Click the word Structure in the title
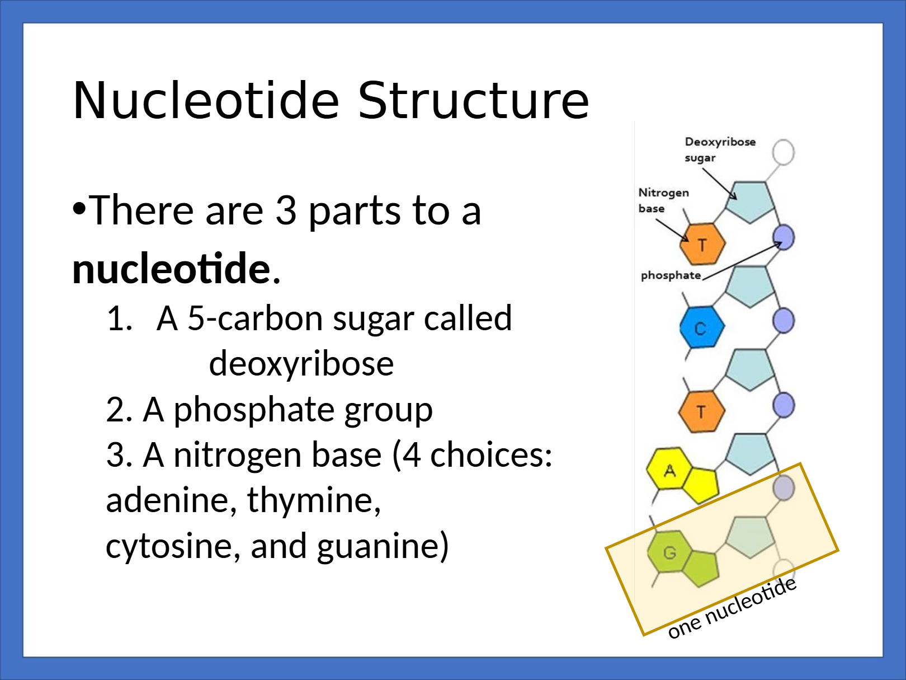click(x=474, y=100)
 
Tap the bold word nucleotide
click(x=171, y=269)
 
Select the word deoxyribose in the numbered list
click(x=301, y=364)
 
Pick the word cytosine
click(x=169, y=546)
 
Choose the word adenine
click(x=168, y=500)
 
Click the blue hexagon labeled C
click(x=702, y=327)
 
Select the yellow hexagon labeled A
click(x=669, y=468)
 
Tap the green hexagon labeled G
click(x=669, y=551)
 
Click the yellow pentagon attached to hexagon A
click(x=700, y=485)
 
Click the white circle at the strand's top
click(x=783, y=152)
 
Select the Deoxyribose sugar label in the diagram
click(x=720, y=149)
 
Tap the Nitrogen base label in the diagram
click(x=663, y=200)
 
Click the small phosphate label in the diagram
click(x=671, y=275)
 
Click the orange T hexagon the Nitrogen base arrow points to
click(x=702, y=243)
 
